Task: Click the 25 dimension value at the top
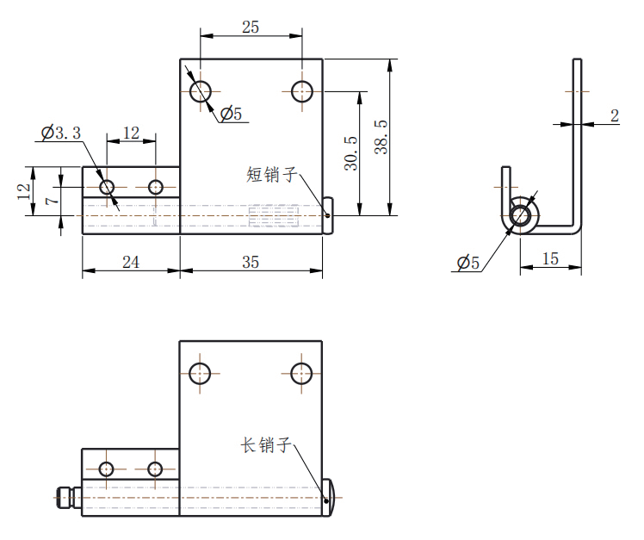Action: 251,28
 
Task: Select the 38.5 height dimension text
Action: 381,137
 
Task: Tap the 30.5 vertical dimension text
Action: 351,153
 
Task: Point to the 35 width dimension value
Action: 251,262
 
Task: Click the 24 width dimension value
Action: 131,262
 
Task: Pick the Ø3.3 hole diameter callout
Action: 61,133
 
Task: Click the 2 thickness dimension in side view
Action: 615,115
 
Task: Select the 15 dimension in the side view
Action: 550,259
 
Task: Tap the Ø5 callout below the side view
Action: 468,262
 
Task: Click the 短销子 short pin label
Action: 272,175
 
